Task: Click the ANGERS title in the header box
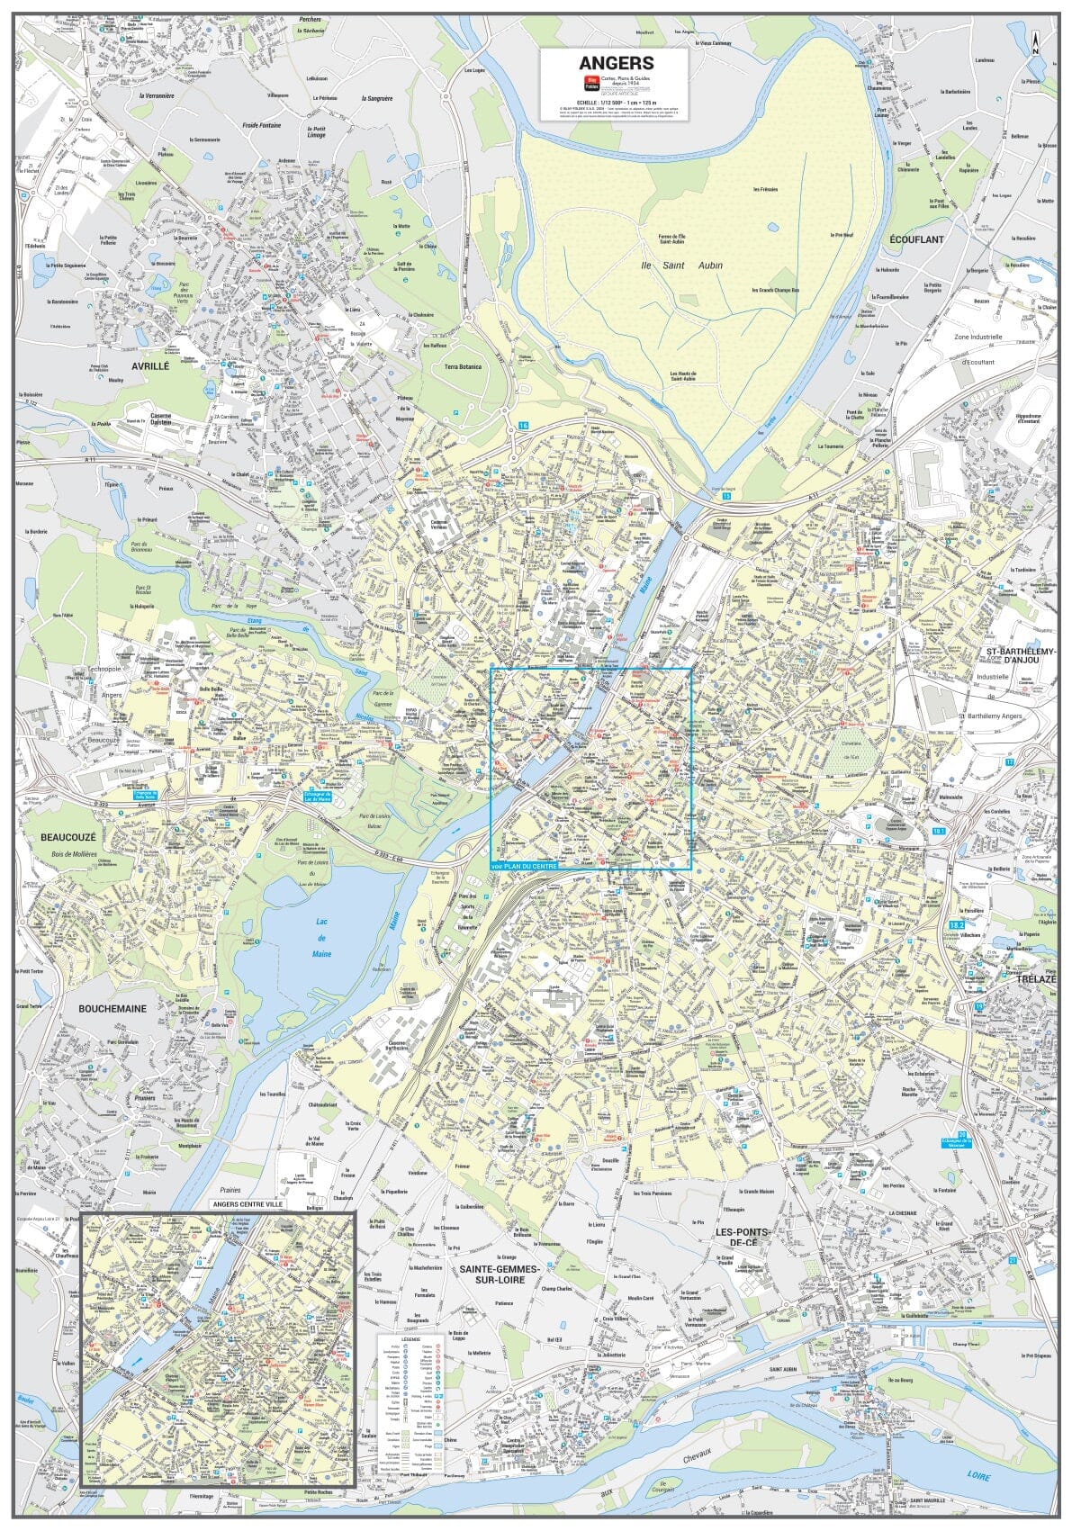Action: coord(616,64)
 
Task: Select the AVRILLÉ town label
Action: coord(150,366)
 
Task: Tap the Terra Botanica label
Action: coord(463,367)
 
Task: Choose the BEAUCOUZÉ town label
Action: coord(68,837)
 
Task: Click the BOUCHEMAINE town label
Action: coord(113,1009)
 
